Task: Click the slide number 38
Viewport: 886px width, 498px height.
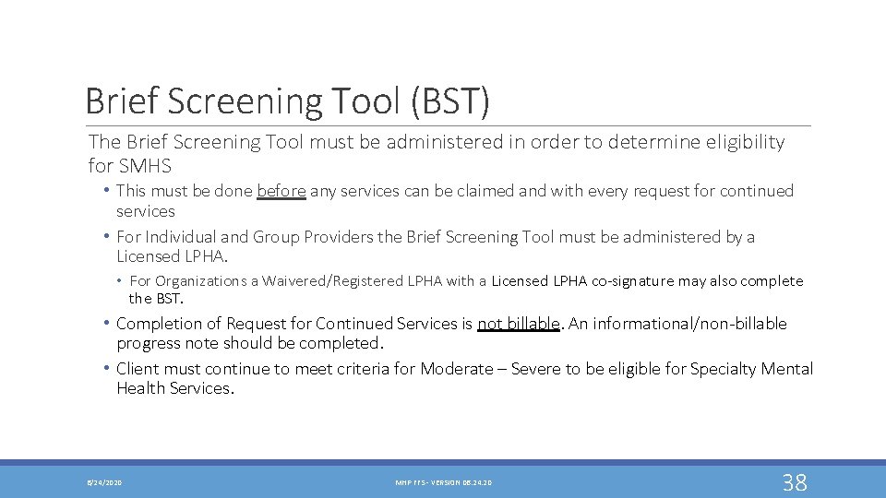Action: tap(795, 482)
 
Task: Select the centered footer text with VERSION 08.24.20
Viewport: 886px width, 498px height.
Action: tap(443, 483)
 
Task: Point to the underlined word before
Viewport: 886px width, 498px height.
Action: tap(281, 191)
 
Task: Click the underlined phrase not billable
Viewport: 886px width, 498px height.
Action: tap(519, 324)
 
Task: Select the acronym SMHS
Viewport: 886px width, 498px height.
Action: tap(144, 166)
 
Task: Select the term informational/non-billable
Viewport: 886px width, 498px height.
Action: tap(688, 324)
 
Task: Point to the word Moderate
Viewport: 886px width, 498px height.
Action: tap(457, 369)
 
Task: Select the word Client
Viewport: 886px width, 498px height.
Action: tap(138, 369)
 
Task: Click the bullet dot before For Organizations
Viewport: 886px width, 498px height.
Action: tap(121, 280)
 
